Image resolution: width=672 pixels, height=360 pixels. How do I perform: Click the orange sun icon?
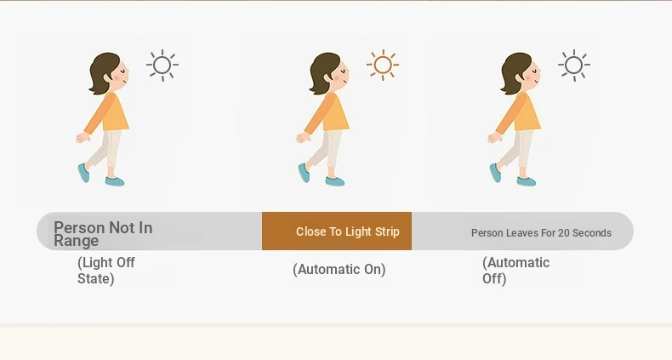point(383,66)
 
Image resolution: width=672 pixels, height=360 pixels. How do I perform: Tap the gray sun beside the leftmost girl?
point(162,66)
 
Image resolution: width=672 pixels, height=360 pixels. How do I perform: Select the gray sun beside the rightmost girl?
point(574,66)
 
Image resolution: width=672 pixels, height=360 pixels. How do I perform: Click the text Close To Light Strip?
point(348,231)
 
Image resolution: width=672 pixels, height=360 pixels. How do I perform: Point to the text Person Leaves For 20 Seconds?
point(541,232)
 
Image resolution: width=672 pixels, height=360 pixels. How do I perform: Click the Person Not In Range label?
point(103,234)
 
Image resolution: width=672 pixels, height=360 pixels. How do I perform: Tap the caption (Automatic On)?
point(339,270)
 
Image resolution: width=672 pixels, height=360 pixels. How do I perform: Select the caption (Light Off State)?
point(106,271)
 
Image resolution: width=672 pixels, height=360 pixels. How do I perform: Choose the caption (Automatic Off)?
point(516,271)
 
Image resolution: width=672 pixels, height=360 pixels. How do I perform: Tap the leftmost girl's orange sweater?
point(107,112)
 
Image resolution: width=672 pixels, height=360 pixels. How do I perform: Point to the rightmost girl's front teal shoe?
point(526,182)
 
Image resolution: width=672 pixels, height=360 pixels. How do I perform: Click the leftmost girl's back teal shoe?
point(84,173)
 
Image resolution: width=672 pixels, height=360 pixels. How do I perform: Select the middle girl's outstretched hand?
point(303,137)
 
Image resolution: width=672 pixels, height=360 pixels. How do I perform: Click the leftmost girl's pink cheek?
point(117,77)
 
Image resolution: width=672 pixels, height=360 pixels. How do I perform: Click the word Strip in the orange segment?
point(387,231)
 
